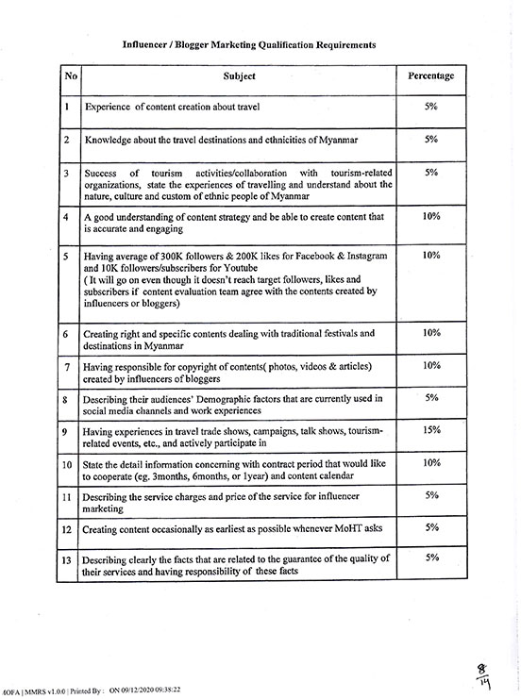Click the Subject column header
tap(239, 75)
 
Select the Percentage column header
tap(430, 75)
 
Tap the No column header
tap(68, 75)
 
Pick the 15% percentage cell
tap(431, 429)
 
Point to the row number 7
tap(67, 366)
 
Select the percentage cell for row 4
tap(431, 216)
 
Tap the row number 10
tap(67, 464)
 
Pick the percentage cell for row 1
tap(431, 107)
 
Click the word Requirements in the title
tap(342, 44)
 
